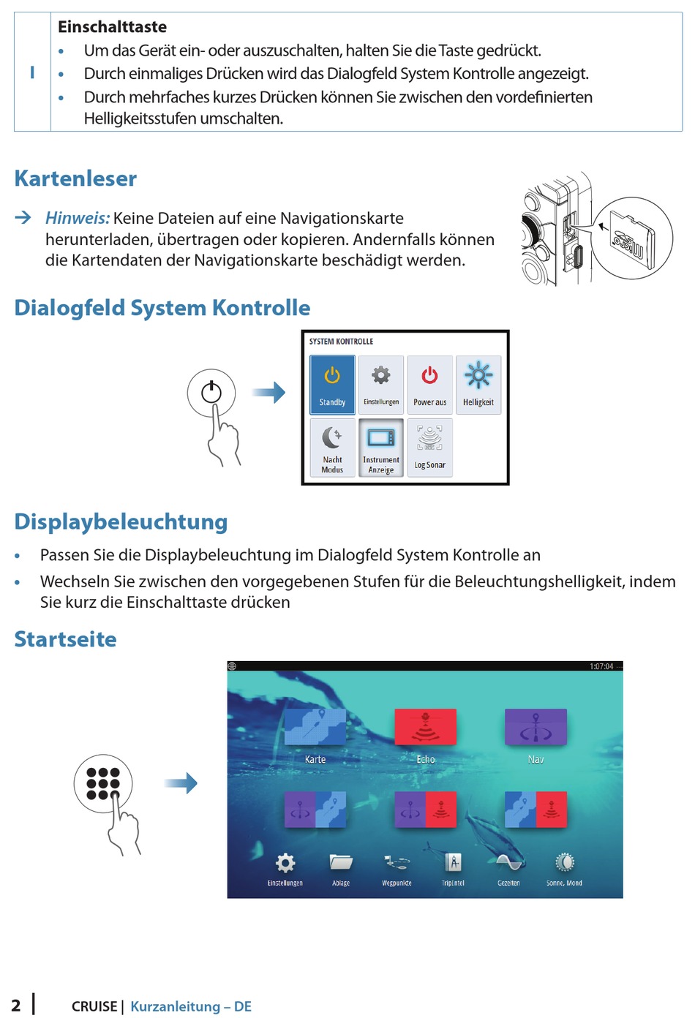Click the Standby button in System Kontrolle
pos(332,385)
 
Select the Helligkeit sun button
pos(478,385)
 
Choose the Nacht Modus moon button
pos(332,447)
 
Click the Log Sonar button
pos(429,447)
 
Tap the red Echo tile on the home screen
pos(425,728)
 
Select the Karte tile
pos(315,728)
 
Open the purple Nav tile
pos(536,728)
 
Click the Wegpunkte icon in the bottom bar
pos(397,864)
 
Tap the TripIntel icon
pos(453,864)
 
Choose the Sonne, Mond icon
pos(564,864)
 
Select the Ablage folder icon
pos(341,864)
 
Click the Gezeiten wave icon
pos(508,864)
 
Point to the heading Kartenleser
pos(75,178)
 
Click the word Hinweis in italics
pos(77,218)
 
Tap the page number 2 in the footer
pos(16,1006)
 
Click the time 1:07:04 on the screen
pos(601,666)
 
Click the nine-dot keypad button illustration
pos(103,783)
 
